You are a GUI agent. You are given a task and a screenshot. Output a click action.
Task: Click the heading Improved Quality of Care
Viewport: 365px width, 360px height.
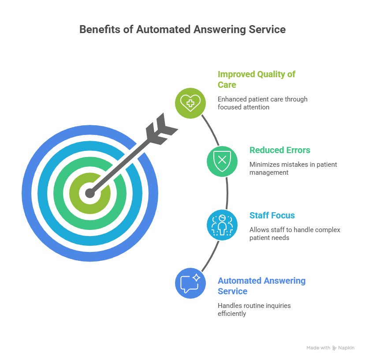coord(256,79)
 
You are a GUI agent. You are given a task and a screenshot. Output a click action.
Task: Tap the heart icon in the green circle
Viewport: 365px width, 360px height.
coord(190,103)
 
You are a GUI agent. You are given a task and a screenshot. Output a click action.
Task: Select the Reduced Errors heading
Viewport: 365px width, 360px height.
coord(279,150)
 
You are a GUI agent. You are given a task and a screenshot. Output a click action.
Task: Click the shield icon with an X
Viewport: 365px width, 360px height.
coord(223,161)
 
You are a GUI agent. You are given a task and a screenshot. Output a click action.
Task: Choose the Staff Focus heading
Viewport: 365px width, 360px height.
coord(272,216)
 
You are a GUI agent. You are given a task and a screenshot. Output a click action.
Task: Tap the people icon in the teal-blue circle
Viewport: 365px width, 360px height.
coord(223,225)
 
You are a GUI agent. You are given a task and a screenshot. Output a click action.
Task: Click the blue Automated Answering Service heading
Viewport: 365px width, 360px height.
coord(261,285)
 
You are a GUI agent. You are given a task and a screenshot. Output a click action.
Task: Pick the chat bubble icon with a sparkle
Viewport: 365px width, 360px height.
coord(190,283)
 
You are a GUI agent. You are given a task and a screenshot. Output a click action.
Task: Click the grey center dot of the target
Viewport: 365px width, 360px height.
coord(90,193)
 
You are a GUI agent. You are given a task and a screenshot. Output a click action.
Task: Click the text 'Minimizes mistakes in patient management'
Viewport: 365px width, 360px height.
coord(293,168)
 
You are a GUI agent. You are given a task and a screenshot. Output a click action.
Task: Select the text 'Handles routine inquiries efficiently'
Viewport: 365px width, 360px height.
coord(254,309)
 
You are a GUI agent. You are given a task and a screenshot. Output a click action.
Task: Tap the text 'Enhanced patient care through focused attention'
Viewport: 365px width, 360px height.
coord(262,103)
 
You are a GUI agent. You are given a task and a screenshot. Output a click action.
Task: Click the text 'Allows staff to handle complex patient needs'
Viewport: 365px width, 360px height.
coord(294,233)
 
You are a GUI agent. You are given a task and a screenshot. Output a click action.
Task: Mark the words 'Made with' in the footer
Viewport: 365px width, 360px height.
coord(318,348)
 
